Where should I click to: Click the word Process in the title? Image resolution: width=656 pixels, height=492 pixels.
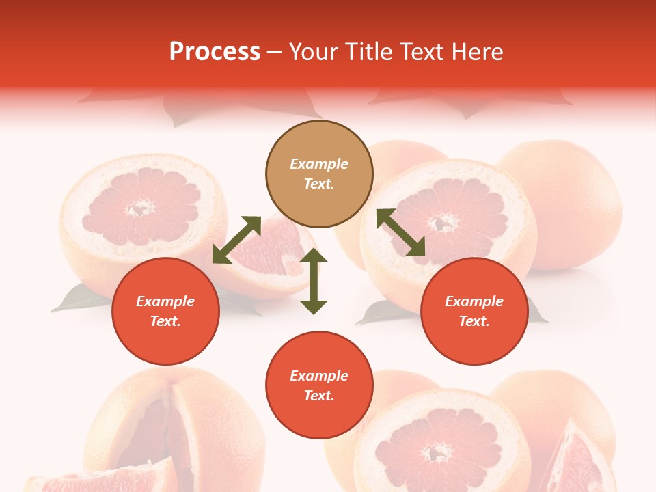click(x=215, y=52)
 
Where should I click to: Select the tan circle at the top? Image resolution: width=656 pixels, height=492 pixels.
click(x=319, y=174)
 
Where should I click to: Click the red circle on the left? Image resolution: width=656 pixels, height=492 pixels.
click(x=165, y=311)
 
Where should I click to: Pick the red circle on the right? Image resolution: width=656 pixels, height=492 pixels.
click(x=474, y=311)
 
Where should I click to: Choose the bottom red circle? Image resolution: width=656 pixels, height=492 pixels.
click(x=319, y=385)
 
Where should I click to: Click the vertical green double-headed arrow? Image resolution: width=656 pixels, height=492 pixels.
click(x=314, y=281)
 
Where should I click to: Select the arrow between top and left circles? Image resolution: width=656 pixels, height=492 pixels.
click(x=236, y=240)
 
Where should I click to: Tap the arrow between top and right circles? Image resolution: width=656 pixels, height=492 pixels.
click(x=401, y=233)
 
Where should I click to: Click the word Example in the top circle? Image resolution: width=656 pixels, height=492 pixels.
click(x=319, y=164)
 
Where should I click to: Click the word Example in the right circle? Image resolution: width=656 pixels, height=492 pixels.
click(x=474, y=301)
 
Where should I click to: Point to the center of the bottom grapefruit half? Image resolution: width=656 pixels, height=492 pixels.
click(x=437, y=451)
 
